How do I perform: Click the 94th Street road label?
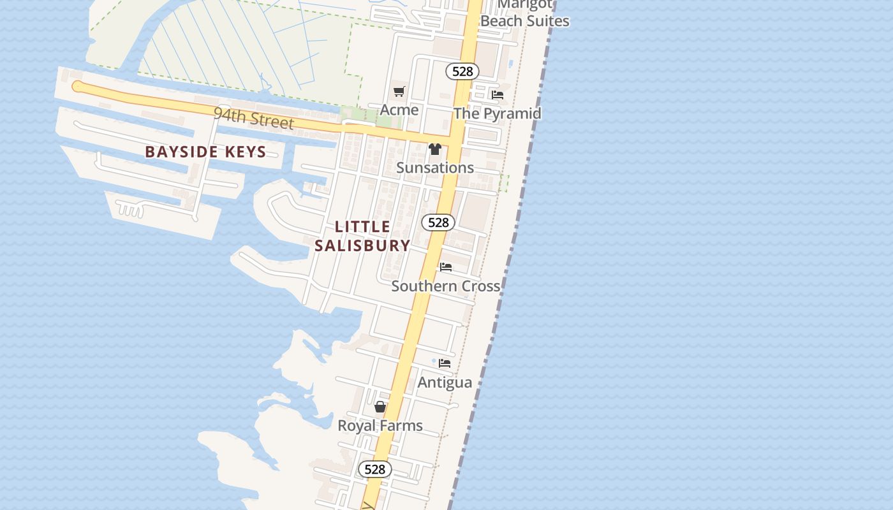pos(253,118)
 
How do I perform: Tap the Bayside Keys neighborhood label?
pos(205,152)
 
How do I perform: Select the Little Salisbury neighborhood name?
pos(362,236)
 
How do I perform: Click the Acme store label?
pos(399,110)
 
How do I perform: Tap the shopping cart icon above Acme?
pos(399,92)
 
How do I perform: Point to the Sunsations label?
pos(435,168)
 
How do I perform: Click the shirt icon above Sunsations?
pos(435,149)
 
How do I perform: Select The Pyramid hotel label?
pos(497,113)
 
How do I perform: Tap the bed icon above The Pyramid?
pos(498,95)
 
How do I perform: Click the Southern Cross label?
pos(445,286)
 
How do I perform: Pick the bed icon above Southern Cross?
pos(446,267)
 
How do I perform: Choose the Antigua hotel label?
pos(445,382)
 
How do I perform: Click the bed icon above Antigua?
pos(445,363)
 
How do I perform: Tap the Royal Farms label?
pos(380,425)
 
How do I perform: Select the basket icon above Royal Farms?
pos(380,407)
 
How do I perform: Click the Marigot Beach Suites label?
pos(524,13)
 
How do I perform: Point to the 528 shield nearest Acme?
pos(462,71)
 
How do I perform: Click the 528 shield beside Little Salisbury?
pos(438,222)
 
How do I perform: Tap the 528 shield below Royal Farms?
pos(374,470)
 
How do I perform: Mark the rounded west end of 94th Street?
pos(78,87)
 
